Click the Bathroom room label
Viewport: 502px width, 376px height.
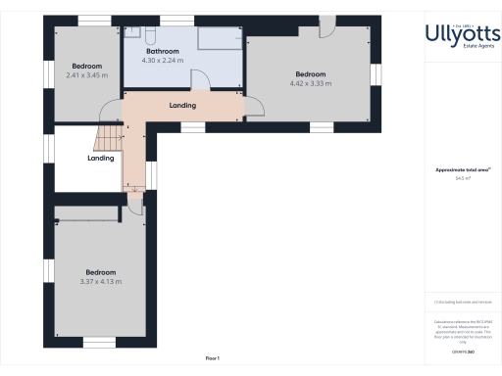(163, 50)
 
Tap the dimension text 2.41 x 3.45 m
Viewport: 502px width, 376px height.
(86, 75)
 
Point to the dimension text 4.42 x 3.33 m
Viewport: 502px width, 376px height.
(310, 83)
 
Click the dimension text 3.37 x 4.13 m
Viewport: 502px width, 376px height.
(100, 282)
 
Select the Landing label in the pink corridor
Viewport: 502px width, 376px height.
(182, 106)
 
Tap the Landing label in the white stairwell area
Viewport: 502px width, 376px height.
(101, 158)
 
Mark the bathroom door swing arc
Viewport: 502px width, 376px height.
(199, 82)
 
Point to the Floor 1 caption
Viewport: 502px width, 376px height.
(212, 358)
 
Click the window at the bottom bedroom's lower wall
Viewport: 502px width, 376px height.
(99, 341)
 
